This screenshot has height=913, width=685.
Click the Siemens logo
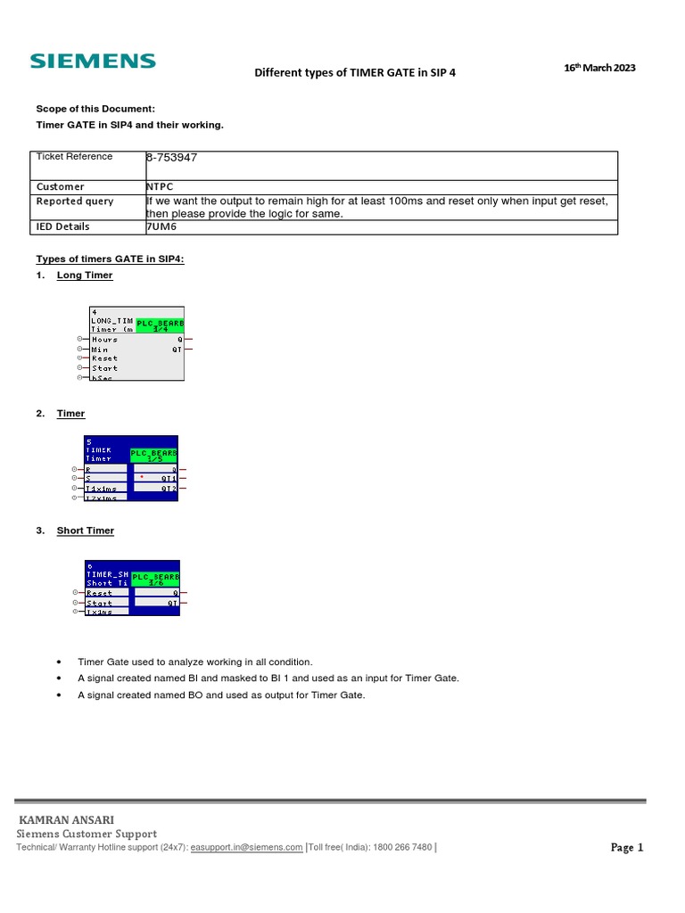coord(93,62)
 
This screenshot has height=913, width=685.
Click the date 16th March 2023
coord(600,69)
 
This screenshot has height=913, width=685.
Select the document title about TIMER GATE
coord(355,73)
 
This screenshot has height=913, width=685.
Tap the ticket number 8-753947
coord(171,158)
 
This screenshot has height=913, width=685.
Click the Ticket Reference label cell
coord(74,157)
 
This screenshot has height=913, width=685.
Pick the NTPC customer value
coord(160,186)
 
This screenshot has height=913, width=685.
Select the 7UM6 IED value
coord(161,226)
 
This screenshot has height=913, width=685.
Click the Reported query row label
coord(75,202)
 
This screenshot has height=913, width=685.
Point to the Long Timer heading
coord(85,276)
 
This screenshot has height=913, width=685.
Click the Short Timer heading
coord(86,531)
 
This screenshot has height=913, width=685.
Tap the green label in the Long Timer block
coord(160,325)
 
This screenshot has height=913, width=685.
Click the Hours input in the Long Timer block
coord(104,340)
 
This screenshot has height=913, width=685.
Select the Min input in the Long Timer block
coord(100,350)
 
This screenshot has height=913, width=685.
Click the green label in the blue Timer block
coord(154,456)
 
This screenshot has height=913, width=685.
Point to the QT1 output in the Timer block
coord(167,479)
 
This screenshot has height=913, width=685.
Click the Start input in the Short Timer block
coord(99,604)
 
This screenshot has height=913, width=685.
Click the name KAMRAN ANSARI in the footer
coord(66,819)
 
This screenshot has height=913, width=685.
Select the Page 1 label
coord(626,848)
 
